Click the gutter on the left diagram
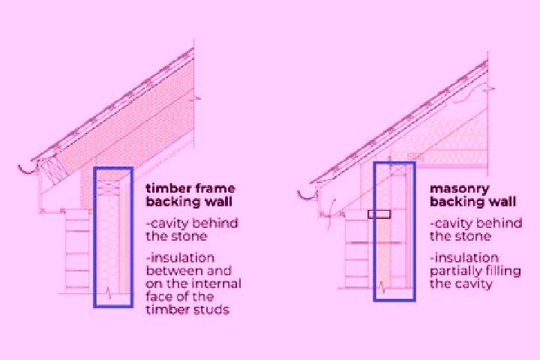pos(28,169)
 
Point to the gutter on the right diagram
pos(307,195)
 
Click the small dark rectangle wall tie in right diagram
pos(379,214)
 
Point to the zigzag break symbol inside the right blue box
pos(381,286)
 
